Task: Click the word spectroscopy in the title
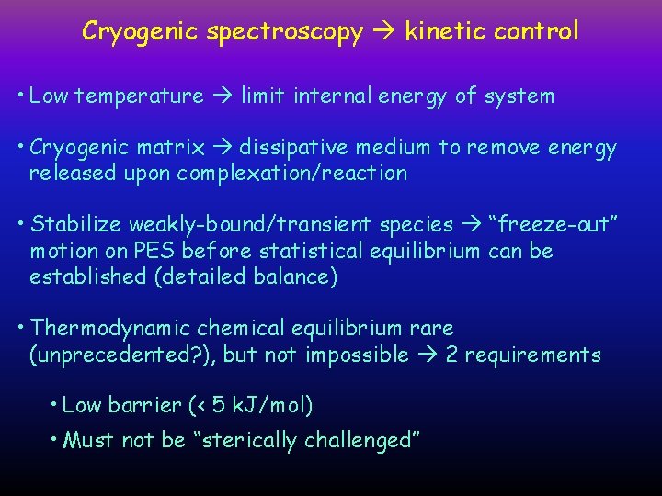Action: pyautogui.click(x=286, y=32)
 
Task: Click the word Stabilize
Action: pyautogui.click(x=76, y=225)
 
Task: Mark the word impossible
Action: pyautogui.click(x=358, y=355)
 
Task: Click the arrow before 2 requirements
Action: pyautogui.click(x=427, y=355)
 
